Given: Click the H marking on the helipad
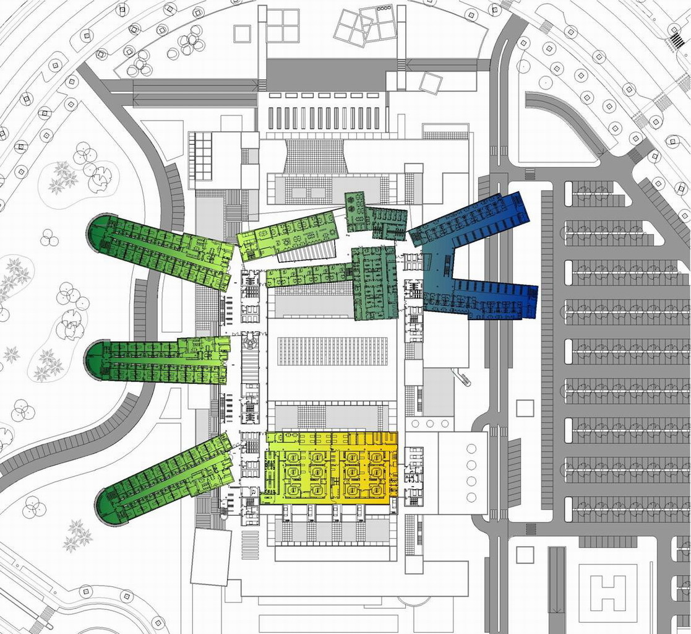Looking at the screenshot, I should (609, 591).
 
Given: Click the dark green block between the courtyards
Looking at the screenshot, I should (374, 282).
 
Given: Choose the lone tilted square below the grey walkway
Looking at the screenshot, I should (431, 82).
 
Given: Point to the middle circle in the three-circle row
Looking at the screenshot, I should (429, 423).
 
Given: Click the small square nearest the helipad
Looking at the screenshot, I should (525, 554).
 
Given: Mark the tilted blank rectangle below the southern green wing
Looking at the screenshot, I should (210, 557).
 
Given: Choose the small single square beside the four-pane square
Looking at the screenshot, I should (242, 33).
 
